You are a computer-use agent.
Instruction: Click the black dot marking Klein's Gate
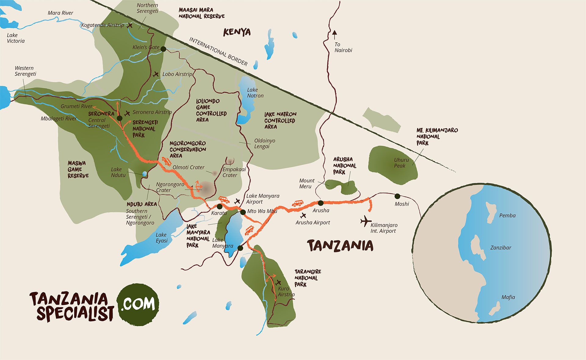pos(163,49)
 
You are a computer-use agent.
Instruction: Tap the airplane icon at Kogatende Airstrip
pos(130,25)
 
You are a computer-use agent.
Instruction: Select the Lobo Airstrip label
pos(177,74)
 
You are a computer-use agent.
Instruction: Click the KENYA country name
pos(237,32)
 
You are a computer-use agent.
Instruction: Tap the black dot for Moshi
pos(397,196)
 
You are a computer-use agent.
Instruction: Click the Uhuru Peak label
pos(401,163)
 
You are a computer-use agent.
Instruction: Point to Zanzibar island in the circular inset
pos(478,247)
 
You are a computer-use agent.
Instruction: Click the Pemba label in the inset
pos(507,216)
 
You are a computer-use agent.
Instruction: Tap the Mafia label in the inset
pos(508,297)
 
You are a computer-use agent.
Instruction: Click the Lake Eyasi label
pos(161,238)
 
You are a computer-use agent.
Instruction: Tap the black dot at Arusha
pos(320,203)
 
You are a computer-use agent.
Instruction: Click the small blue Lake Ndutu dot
pos(144,174)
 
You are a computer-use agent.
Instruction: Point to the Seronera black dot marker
pos(119,118)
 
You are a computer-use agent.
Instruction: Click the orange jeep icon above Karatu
pos(224,200)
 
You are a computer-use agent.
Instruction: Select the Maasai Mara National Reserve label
pos(201,13)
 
